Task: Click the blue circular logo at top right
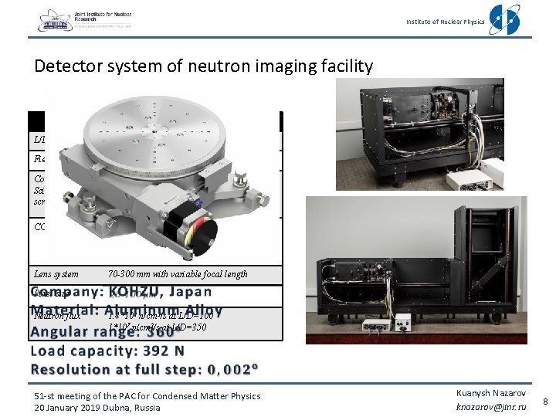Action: click(505, 19)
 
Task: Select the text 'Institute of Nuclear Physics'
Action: click(446, 22)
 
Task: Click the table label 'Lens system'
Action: click(56, 274)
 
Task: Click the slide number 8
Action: click(546, 401)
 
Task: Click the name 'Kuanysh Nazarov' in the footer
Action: click(491, 392)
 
